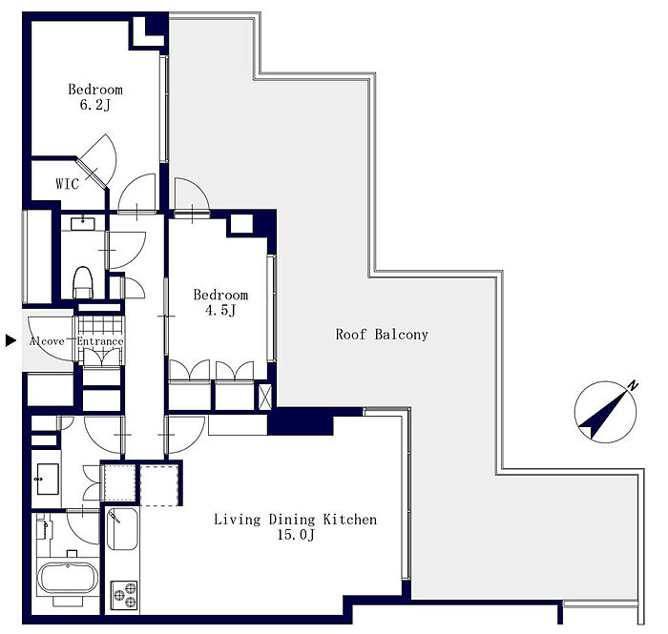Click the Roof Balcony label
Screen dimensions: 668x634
click(382, 335)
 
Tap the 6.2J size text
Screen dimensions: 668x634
click(95, 105)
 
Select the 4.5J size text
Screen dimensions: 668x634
click(220, 310)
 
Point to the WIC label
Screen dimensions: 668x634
click(68, 184)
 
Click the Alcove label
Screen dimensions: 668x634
click(47, 341)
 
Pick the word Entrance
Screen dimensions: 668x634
click(100, 341)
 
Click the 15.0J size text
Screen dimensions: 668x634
click(296, 535)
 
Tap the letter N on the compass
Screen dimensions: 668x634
click(633, 386)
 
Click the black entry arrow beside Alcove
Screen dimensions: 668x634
click(10, 340)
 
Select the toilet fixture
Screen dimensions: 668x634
click(83, 282)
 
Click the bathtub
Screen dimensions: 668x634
click(68, 578)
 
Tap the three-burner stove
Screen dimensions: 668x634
click(124, 595)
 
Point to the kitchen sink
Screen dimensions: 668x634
click(122, 529)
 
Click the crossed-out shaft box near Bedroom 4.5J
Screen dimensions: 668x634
click(265, 397)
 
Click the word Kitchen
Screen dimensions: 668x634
click(350, 520)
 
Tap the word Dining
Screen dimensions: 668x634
click(292, 520)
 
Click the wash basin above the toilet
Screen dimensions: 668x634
click(83, 223)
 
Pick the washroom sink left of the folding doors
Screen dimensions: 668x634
click(48, 480)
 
